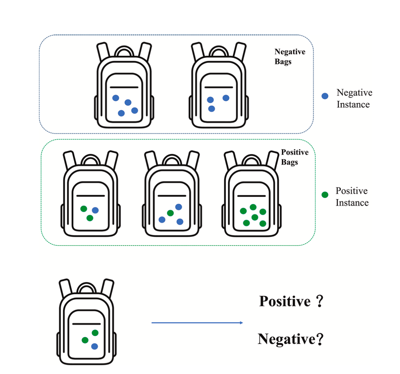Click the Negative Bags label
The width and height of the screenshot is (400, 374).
290,57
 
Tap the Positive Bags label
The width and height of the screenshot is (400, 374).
295,157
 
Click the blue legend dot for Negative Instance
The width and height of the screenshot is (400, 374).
325,96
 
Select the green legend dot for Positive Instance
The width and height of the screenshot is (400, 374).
325,195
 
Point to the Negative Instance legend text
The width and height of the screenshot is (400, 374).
354,98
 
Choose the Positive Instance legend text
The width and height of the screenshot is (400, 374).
352,197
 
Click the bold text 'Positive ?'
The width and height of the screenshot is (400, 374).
291,301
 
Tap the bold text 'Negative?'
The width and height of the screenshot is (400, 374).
291,339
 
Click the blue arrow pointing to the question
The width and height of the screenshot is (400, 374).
197,323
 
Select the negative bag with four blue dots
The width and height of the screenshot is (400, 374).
124,85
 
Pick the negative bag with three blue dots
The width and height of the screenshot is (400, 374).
218,85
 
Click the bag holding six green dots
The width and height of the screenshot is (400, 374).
251,194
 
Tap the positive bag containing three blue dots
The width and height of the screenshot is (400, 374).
172,194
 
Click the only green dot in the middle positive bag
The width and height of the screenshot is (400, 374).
170,213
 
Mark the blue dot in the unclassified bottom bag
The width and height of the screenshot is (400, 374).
94,346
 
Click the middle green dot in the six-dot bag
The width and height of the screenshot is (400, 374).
255,217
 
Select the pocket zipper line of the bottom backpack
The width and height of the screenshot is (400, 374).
87,324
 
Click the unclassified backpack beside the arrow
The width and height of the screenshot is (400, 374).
87,322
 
